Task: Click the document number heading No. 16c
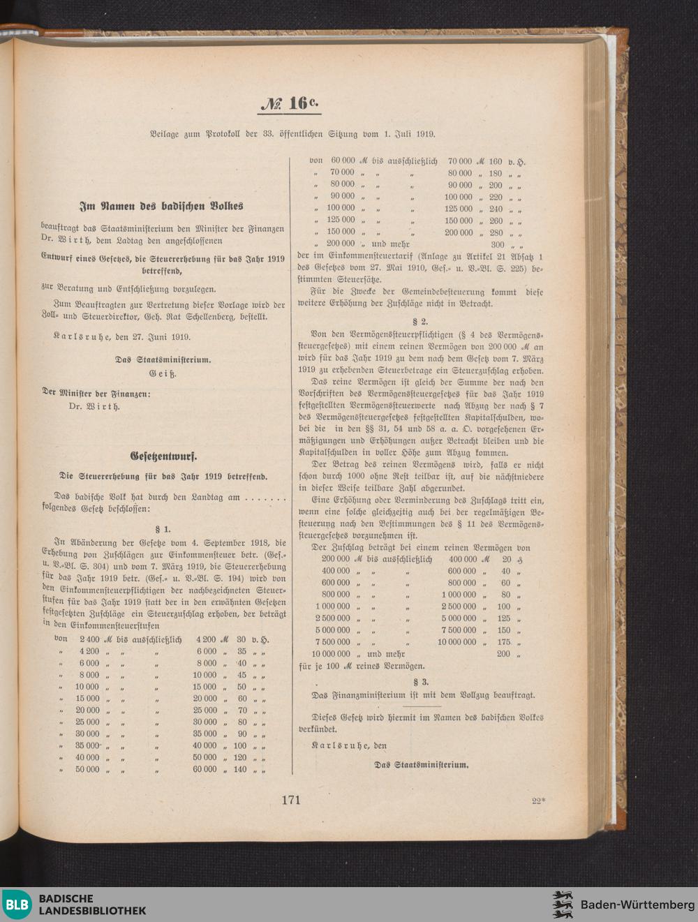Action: [x=290, y=103]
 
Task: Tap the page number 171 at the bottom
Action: [x=291, y=800]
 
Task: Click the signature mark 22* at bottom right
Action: [x=537, y=801]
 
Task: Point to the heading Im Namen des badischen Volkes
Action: [x=161, y=207]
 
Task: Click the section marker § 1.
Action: [x=163, y=530]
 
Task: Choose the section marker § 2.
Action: [x=420, y=322]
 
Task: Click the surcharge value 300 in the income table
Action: [x=497, y=245]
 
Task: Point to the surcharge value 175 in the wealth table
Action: [x=503, y=642]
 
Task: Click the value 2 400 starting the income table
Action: [x=89, y=639]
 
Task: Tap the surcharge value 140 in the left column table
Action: [x=240, y=770]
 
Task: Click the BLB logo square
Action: [x=17, y=905]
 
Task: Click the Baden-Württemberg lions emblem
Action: [x=563, y=905]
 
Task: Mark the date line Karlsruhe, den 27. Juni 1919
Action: [x=122, y=336]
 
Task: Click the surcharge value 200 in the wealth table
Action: [x=503, y=654]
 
